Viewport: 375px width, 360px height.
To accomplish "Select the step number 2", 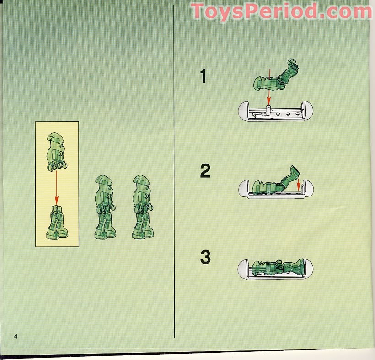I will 205,171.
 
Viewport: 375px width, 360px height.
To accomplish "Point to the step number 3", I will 205,258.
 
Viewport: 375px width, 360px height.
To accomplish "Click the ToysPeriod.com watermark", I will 281,11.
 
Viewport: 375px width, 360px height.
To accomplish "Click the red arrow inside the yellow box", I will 57,187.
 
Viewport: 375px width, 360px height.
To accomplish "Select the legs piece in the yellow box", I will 57,222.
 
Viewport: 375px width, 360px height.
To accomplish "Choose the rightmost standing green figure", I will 142,207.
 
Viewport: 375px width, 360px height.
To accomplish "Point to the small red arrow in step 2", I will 299,185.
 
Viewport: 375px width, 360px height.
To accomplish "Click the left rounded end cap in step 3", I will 244,269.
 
